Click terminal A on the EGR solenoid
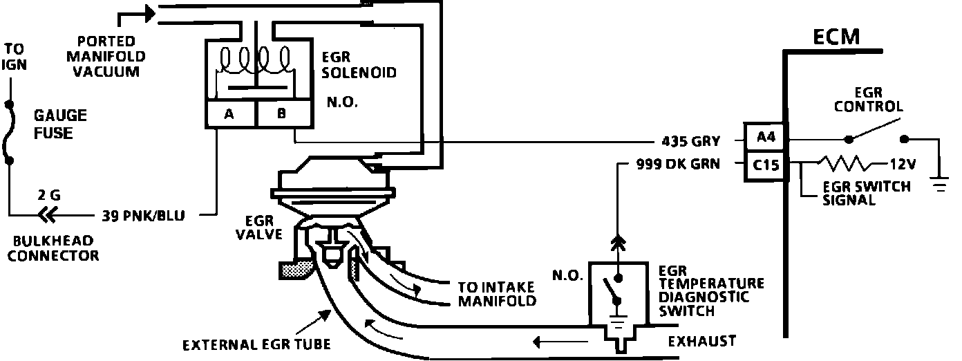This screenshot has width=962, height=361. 229,115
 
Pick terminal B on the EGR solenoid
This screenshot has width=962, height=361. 281,115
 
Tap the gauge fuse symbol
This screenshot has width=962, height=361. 9,133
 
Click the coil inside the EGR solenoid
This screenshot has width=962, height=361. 254,60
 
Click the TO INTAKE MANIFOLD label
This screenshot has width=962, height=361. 497,294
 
